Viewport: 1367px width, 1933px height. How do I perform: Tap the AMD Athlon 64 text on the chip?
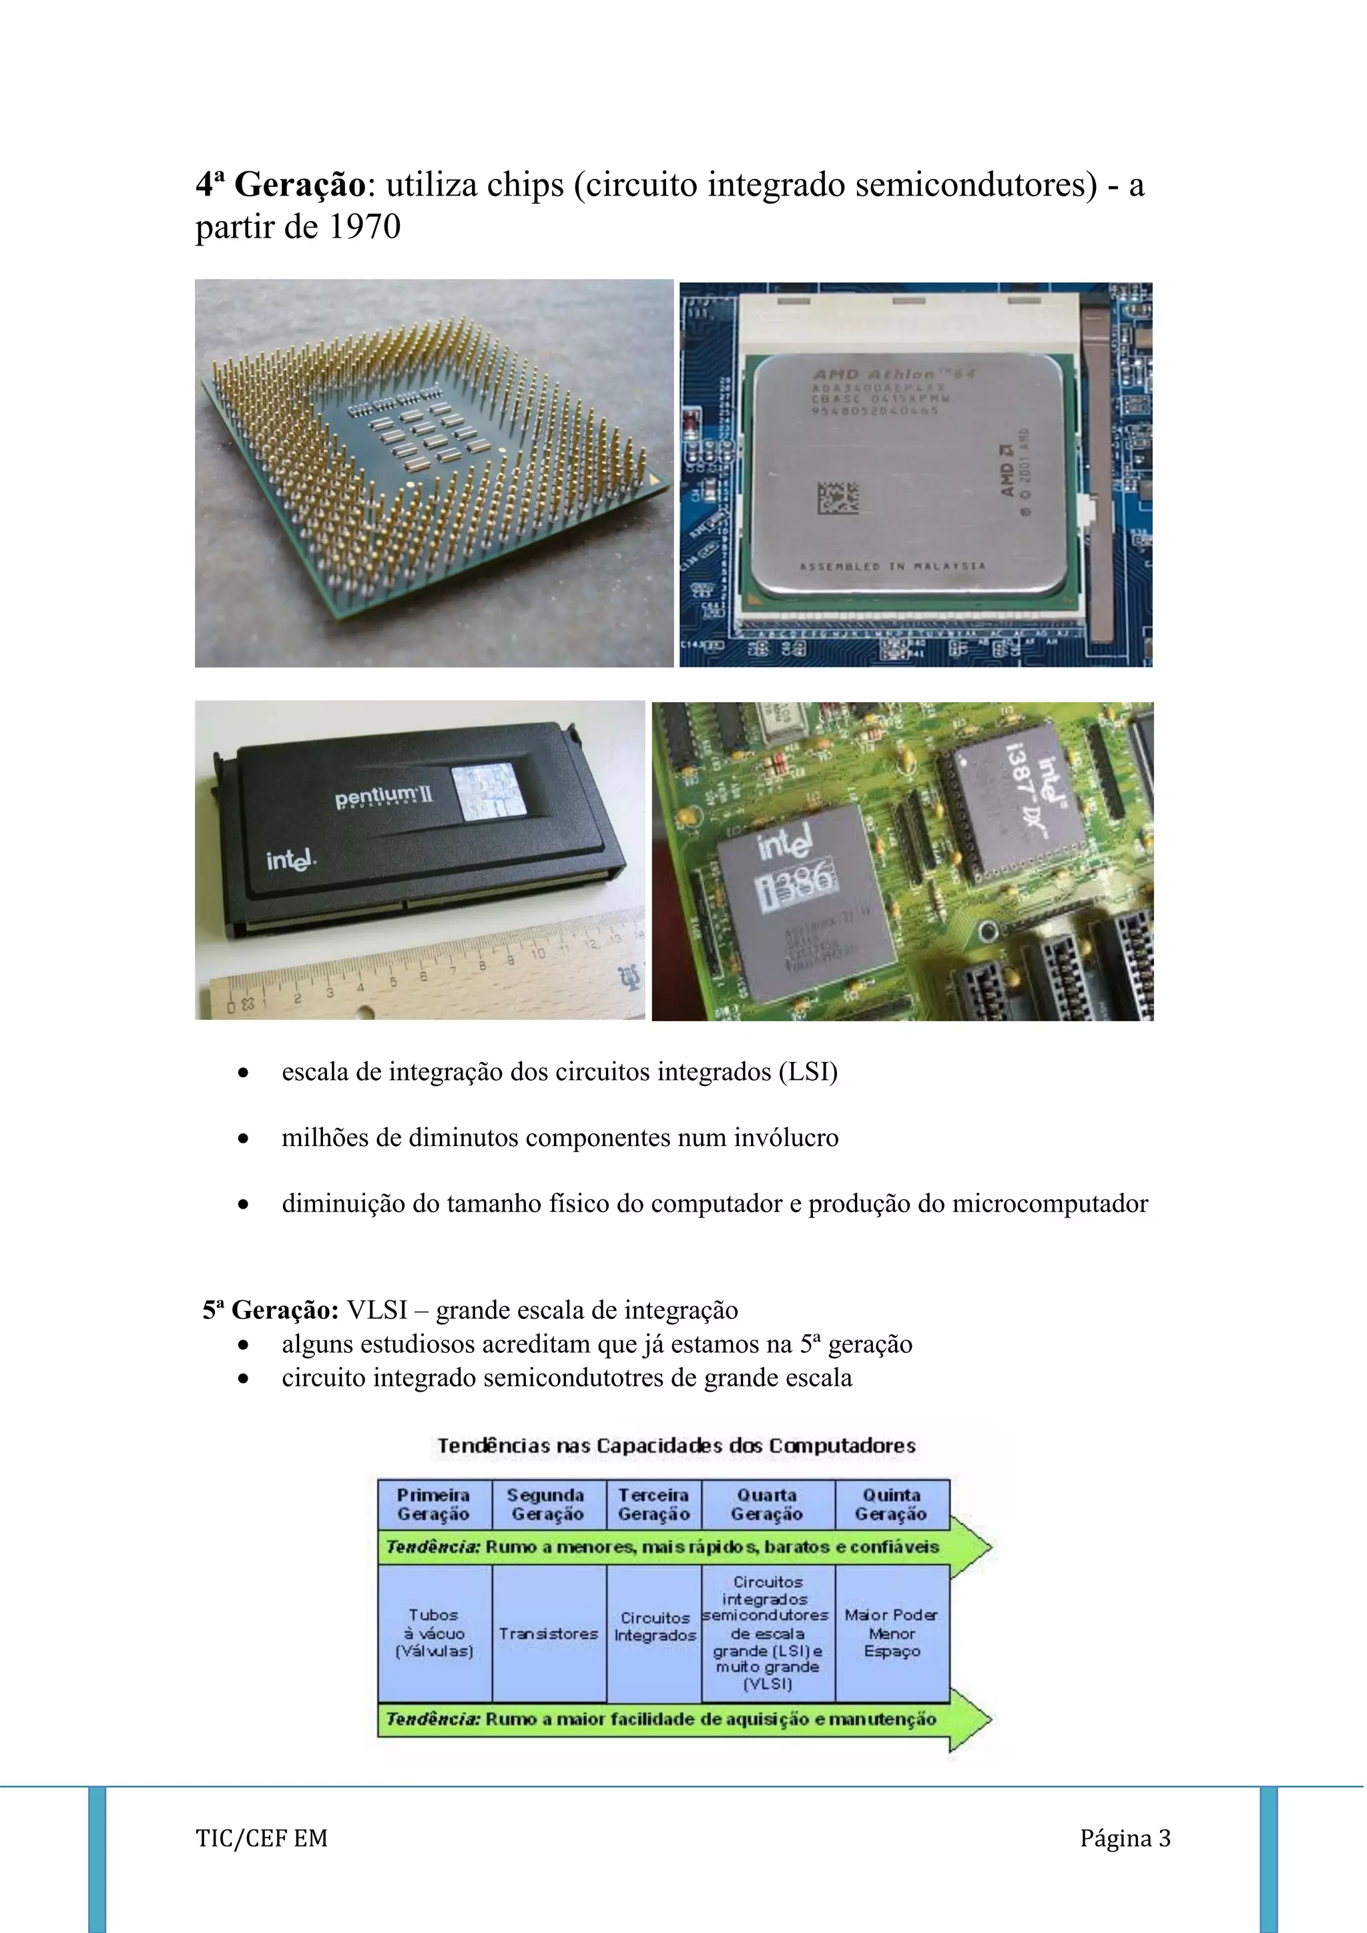pos(893,374)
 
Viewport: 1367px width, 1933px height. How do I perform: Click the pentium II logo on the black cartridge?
pos(384,796)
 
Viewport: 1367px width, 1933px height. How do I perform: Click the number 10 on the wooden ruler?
pos(538,953)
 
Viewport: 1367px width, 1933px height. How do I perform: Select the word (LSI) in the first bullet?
pos(808,1072)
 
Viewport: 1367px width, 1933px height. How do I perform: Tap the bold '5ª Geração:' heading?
pos(270,1310)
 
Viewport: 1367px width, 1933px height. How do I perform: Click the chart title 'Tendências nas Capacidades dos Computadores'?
pos(676,1446)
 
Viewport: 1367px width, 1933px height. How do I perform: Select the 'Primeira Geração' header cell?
pos(433,1504)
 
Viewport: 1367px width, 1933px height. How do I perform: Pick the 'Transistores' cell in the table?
pos(548,1633)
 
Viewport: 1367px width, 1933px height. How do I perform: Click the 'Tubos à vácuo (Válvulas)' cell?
pos(433,1633)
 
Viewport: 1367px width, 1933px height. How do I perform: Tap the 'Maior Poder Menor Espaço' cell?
pos(891,1633)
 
